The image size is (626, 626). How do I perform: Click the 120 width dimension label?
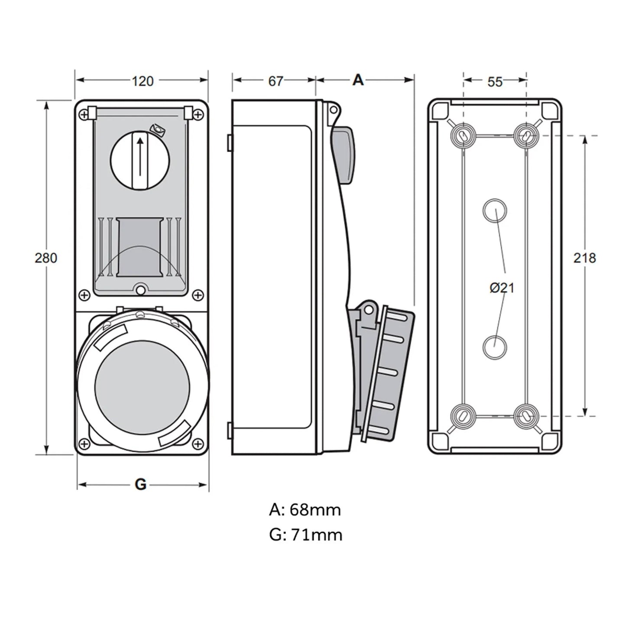click(x=143, y=81)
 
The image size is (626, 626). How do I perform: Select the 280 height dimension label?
click(x=46, y=258)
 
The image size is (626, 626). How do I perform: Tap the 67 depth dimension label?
click(x=276, y=81)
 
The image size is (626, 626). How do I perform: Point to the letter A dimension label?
click(x=358, y=80)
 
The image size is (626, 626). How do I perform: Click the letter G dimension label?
click(x=141, y=484)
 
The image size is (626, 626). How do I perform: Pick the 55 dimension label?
click(x=495, y=81)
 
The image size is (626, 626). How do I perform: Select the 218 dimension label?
click(x=585, y=258)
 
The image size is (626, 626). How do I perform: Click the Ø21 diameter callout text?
click(x=502, y=288)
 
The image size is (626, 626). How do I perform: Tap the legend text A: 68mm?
click(x=305, y=510)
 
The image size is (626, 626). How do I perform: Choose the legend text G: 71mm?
click(x=306, y=535)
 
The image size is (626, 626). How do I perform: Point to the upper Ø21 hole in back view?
click(x=494, y=211)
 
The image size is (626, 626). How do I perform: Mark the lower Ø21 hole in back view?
click(x=494, y=347)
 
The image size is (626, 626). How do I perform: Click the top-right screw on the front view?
click(x=198, y=114)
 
